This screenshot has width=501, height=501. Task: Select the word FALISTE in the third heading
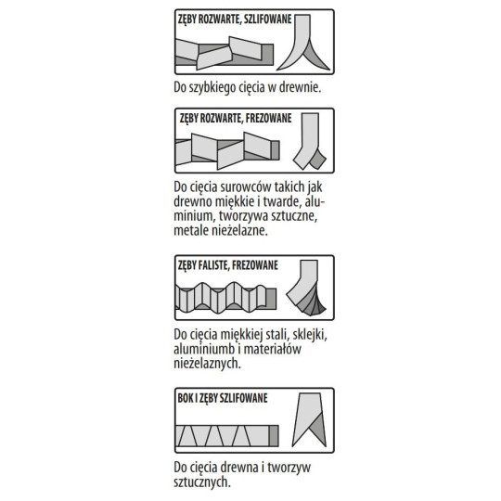point(213,265)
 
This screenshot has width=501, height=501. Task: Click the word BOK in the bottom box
point(186,398)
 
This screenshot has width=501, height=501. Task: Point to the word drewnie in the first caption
point(300,87)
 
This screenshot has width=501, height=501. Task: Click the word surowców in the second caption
point(241,186)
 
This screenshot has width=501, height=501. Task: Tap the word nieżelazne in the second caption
point(240,230)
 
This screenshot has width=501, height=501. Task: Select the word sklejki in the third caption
point(310,335)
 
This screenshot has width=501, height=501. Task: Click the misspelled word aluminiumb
point(204,349)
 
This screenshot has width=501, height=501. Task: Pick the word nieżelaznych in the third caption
point(207,364)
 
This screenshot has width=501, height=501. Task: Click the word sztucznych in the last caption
point(202,482)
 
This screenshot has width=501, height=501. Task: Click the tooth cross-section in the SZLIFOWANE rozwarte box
point(303,43)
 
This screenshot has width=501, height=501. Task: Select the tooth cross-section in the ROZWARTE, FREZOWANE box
point(309,141)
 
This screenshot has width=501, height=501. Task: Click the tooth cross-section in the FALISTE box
point(306,288)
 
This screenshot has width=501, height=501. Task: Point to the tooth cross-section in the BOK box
point(309,420)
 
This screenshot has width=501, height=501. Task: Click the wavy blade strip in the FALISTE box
point(225,298)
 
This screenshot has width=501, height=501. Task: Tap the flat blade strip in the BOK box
point(227,436)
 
